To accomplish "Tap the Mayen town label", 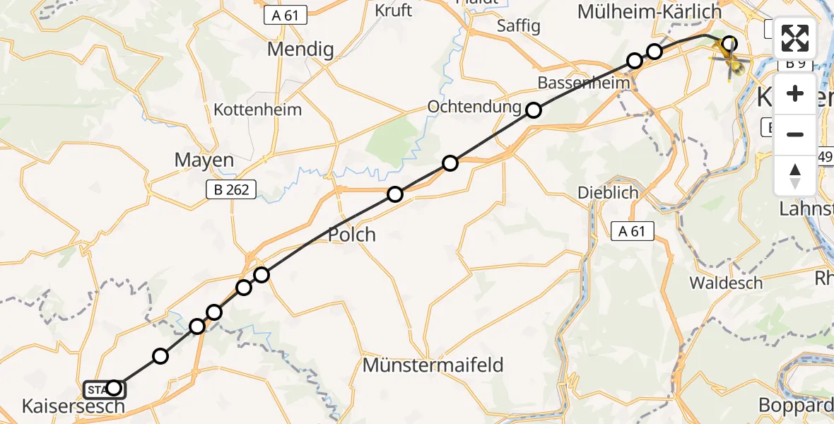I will click(x=204, y=160).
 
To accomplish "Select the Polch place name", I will click(x=352, y=235).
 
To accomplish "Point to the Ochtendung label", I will click(x=474, y=106).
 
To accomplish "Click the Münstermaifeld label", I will click(x=433, y=365).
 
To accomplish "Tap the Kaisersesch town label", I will click(x=74, y=406).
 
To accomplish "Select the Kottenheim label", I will click(x=257, y=110).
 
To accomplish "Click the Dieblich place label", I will click(x=608, y=192).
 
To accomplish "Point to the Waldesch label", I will click(x=726, y=283).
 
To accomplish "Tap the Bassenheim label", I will click(x=583, y=83).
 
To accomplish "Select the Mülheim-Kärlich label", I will click(x=650, y=11).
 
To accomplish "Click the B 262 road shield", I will click(x=230, y=189).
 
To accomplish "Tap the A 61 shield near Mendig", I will click(x=285, y=15).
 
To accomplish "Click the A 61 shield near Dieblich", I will click(x=632, y=231).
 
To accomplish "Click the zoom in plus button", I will click(x=795, y=94).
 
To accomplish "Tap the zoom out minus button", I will click(x=795, y=134).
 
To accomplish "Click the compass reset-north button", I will click(x=795, y=175).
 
